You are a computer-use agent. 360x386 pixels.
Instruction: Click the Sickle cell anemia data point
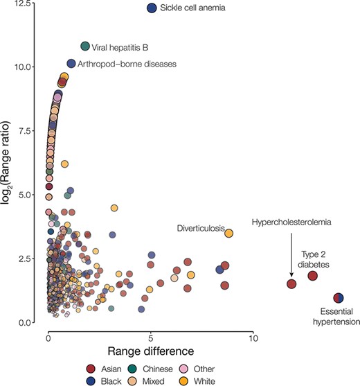(x=152, y=8)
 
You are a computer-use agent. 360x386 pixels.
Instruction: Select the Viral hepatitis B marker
(x=86, y=46)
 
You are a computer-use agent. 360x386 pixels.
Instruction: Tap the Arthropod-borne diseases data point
(x=71, y=64)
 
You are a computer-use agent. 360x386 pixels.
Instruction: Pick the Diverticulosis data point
(x=229, y=233)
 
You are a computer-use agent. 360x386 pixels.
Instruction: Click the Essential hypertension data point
(x=338, y=298)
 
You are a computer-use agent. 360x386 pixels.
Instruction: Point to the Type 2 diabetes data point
(x=312, y=276)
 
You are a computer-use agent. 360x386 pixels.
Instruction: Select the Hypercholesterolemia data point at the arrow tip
(x=291, y=283)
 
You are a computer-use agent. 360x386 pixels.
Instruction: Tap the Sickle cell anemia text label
(x=193, y=8)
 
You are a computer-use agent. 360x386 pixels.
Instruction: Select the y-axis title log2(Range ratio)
(x=9, y=163)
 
